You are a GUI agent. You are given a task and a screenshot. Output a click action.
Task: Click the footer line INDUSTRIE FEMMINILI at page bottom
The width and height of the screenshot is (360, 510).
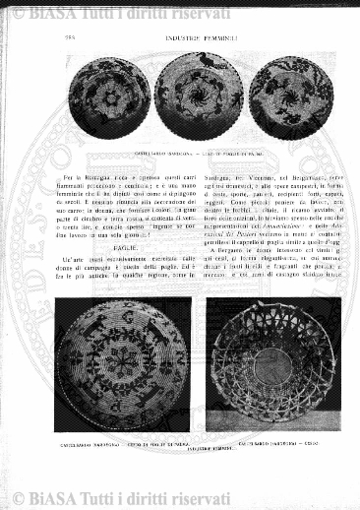point(192,448)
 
